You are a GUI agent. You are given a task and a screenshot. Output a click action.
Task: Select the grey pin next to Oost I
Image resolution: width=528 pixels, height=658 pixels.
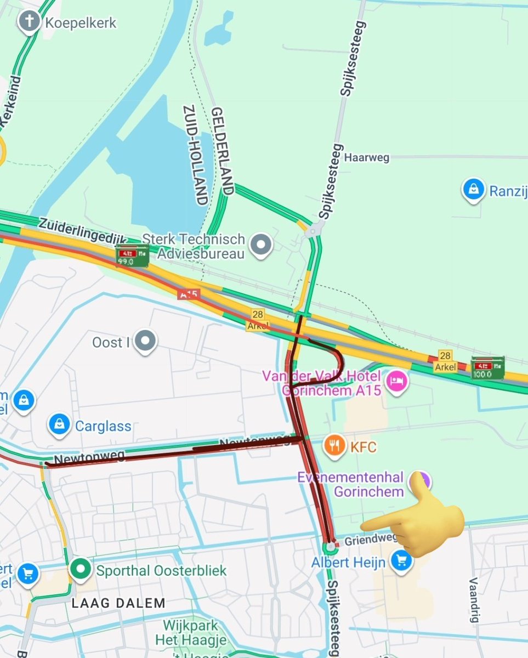pos(145,342)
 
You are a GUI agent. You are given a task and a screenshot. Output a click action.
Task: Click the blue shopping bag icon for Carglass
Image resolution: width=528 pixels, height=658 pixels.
pos(59,424)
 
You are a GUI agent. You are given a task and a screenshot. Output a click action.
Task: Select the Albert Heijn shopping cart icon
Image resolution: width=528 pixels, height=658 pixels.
pos(402,561)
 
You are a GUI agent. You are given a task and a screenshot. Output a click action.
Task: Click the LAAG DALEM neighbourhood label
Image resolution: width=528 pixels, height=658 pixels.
pos(119,603)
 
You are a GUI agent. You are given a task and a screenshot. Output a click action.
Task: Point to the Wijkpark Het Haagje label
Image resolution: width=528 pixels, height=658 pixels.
pos(190,632)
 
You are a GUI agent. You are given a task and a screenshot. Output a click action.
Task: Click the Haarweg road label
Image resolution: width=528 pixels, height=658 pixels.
pos(367,157)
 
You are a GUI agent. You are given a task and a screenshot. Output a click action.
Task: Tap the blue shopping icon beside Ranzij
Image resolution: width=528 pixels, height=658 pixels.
pos(473,190)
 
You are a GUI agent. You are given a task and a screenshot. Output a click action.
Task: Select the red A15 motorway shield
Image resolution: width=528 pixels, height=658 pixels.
pos(188,294)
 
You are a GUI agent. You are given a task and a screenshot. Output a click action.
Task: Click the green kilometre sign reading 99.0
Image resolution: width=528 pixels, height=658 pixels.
pos(132,256)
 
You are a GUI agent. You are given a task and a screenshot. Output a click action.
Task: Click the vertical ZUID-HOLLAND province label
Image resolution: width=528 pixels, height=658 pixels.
pos(194,155)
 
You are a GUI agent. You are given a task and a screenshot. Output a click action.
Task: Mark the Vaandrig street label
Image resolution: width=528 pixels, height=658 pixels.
pos(474,600)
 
